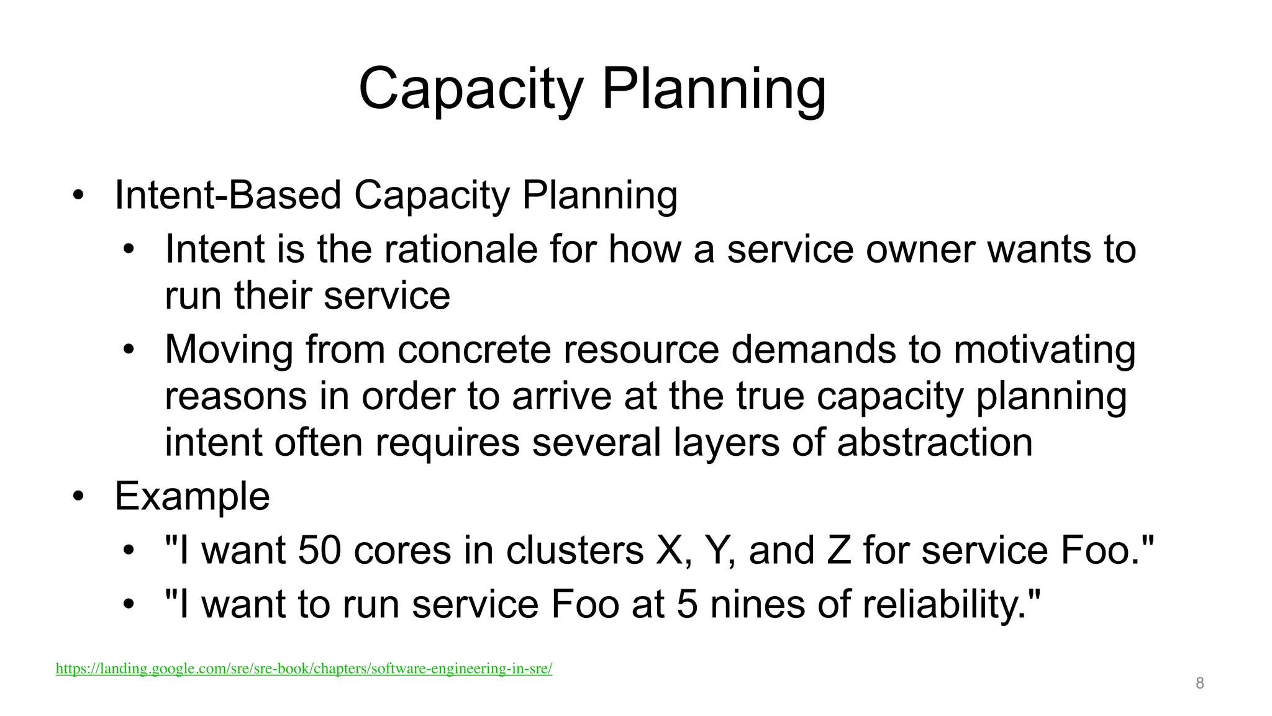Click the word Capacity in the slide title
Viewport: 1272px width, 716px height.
[x=470, y=90]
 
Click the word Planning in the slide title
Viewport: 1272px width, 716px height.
[x=714, y=90]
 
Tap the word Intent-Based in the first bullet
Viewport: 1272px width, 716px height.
[x=228, y=196]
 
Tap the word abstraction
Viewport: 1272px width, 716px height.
[x=935, y=443]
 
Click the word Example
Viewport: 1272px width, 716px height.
[x=192, y=497]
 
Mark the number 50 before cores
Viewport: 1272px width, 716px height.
[x=319, y=551]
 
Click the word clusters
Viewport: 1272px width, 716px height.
[x=575, y=551]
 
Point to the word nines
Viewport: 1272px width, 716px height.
[x=757, y=605]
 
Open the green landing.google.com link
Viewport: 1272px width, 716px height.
[x=304, y=669]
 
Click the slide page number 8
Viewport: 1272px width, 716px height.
[x=1200, y=684]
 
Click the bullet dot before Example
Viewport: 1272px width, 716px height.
[x=78, y=497]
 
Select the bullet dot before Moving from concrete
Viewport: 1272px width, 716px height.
[x=128, y=350]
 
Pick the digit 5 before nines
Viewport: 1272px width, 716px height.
[x=687, y=605]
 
